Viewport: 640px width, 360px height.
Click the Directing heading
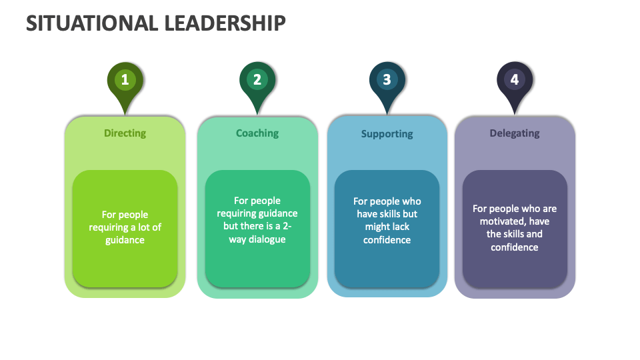click(x=125, y=133)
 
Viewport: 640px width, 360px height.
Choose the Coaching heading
click(x=257, y=133)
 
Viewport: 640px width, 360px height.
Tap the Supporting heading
click(x=387, y=134)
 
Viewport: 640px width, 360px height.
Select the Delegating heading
click(x=515, y=133)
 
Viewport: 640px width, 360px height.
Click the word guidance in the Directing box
click(x=125, y=240)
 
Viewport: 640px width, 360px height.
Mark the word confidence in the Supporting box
click(x=387, y=240)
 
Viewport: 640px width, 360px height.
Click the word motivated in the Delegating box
click(x=500, y=221)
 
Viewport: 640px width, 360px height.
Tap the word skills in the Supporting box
click(x=388, y=214)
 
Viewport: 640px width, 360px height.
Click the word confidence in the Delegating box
click(x=515, y=247)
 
